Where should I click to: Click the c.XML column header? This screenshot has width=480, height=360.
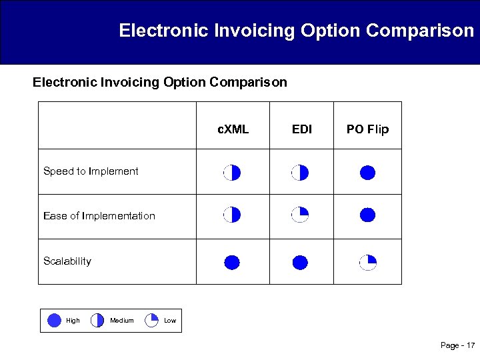click(x=233, y=129)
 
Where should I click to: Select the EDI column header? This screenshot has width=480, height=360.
click(x=302, y=129)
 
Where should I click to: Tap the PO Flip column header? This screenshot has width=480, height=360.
click(x=367, y=129)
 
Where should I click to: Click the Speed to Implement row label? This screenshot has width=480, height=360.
click(x=91, y=171)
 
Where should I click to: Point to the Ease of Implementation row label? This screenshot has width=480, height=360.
click(x=99, y=216)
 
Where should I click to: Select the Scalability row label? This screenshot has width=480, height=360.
click(x=67, y=261)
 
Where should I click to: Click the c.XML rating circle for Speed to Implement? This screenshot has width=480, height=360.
click(x=231, y=173)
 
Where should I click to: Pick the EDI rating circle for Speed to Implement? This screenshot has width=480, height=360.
click(x=300, y=173)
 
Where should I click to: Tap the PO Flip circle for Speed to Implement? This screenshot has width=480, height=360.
click(x=367, y=173)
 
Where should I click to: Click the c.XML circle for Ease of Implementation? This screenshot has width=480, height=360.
click(x=231, y=215)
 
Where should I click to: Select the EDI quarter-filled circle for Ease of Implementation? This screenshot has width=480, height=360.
click(x=300, y=215)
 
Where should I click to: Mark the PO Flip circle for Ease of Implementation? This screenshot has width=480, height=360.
click(x=367, y=215)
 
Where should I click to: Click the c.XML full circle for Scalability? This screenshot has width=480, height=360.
click(x=231, y=262)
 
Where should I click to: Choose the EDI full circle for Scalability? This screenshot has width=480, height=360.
click(x=300, y=262)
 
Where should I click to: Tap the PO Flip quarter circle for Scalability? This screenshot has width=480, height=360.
click(x=367, y=262)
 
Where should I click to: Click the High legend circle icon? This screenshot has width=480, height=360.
click(x=55, y=321)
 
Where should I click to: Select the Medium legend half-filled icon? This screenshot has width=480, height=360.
click(x=97, y=321)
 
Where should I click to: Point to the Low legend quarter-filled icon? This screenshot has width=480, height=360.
click(x=151, y=321)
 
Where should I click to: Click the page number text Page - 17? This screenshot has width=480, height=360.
click(x=457, y=345)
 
